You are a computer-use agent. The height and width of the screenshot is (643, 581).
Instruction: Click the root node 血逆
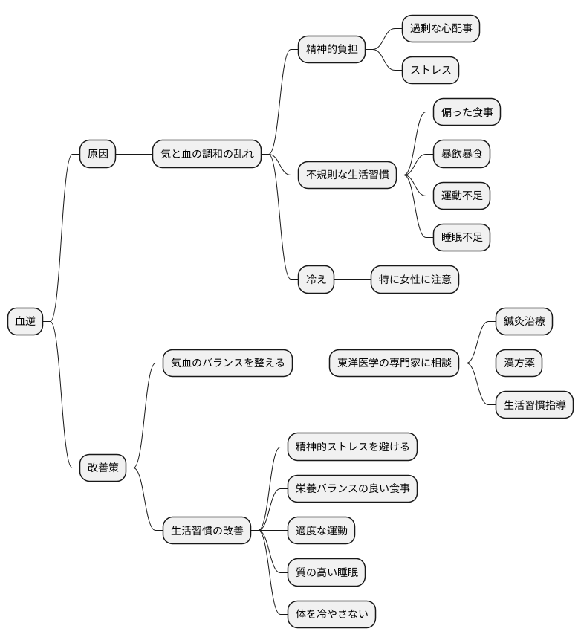[25, 321]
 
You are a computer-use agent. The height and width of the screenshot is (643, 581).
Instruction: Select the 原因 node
[98, 154]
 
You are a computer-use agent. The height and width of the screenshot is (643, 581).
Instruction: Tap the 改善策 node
[103, 468]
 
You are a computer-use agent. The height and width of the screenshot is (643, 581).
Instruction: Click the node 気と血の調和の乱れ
[207, 154]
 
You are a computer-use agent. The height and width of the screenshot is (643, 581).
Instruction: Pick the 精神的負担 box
[332, 50]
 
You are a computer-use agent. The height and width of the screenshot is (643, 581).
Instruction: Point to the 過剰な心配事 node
[441, 29]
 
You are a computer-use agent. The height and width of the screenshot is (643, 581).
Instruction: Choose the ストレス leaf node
[431, 71]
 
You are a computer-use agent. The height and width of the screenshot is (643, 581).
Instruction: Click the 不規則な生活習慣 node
[348, 175]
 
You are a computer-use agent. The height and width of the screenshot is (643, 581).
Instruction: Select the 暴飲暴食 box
[462, 154]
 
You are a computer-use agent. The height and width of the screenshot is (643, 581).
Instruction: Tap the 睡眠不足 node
[462, 237]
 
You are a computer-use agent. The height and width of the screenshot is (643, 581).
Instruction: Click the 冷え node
[317, 280]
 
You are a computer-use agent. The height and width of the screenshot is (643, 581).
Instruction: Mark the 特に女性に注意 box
[415, 280]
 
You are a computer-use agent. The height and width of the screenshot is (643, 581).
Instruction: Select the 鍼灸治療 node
[524, 321]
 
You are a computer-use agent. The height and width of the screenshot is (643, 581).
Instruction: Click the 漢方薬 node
[519, 363]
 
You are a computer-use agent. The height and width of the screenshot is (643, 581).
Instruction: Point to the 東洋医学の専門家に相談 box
[395, 363]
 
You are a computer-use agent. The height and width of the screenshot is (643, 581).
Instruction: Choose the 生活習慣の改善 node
[207, 531]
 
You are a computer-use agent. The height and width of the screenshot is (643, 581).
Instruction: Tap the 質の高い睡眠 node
[327, 572]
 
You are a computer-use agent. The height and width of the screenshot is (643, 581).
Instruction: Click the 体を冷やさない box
[332, 614]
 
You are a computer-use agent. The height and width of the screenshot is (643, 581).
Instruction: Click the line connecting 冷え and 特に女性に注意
[353, 280]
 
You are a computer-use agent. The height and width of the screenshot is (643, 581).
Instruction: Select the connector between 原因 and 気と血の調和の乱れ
[134, 154]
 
